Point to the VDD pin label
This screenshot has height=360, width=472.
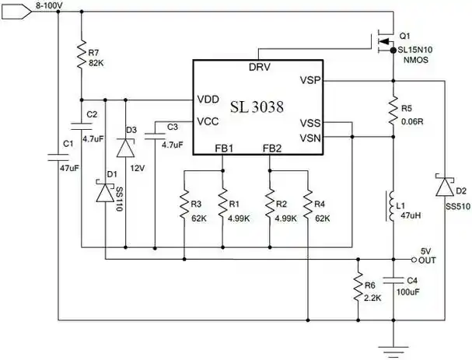point(208,99)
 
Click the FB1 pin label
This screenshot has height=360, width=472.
point(224,149)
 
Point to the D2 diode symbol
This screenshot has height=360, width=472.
point(444,187)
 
